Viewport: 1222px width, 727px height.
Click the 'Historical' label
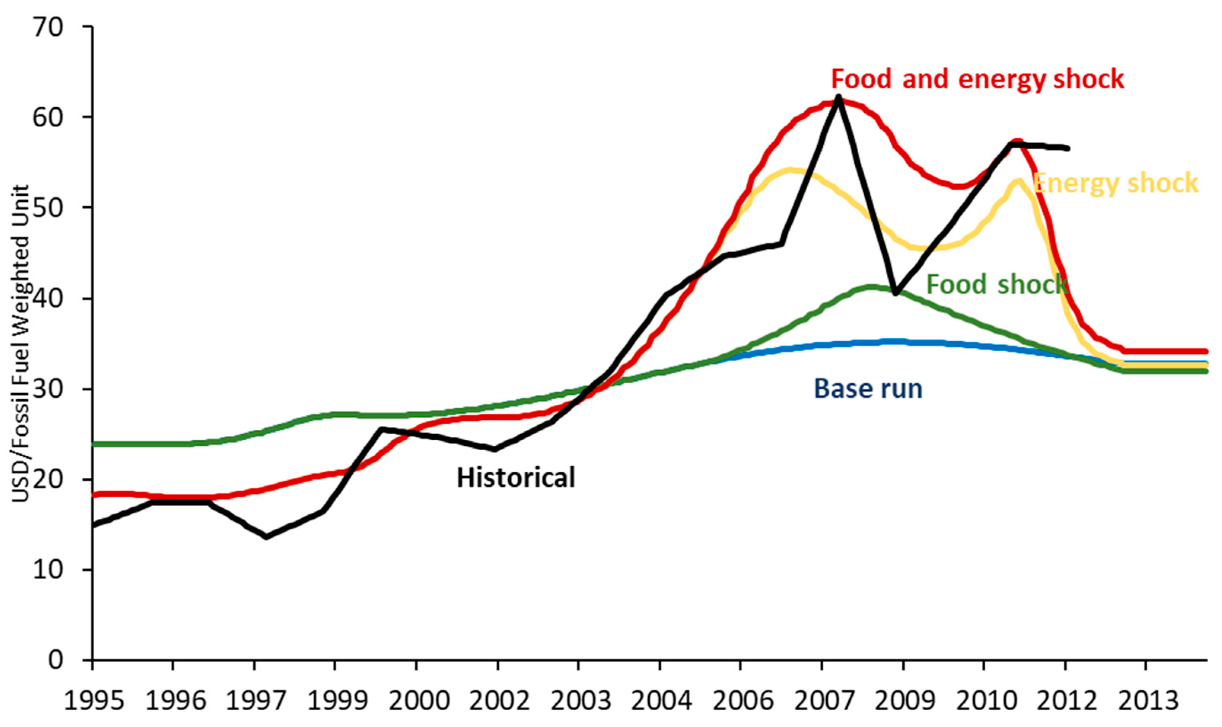516,477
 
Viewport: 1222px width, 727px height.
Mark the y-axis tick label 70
48,27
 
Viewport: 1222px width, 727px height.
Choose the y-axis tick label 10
48,570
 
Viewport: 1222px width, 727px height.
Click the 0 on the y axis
56,660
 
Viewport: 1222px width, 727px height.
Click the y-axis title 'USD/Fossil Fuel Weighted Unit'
21,343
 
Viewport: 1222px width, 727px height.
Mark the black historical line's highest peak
838,97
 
